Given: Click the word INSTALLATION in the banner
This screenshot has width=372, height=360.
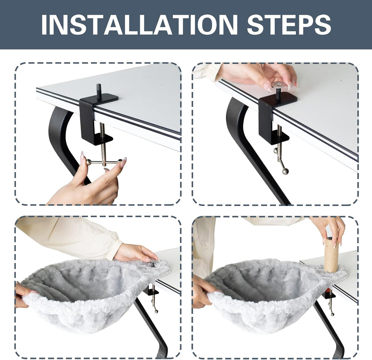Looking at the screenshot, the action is tap(139, 25).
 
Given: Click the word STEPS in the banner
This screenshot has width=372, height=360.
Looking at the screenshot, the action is tap(289, 25).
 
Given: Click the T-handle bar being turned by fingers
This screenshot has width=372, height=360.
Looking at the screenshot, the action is tap(104, 162).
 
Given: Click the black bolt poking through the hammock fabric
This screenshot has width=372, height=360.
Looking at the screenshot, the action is tap(153, 264).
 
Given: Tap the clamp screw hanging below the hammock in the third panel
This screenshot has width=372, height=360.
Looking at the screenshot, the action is tap(154, 300).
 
